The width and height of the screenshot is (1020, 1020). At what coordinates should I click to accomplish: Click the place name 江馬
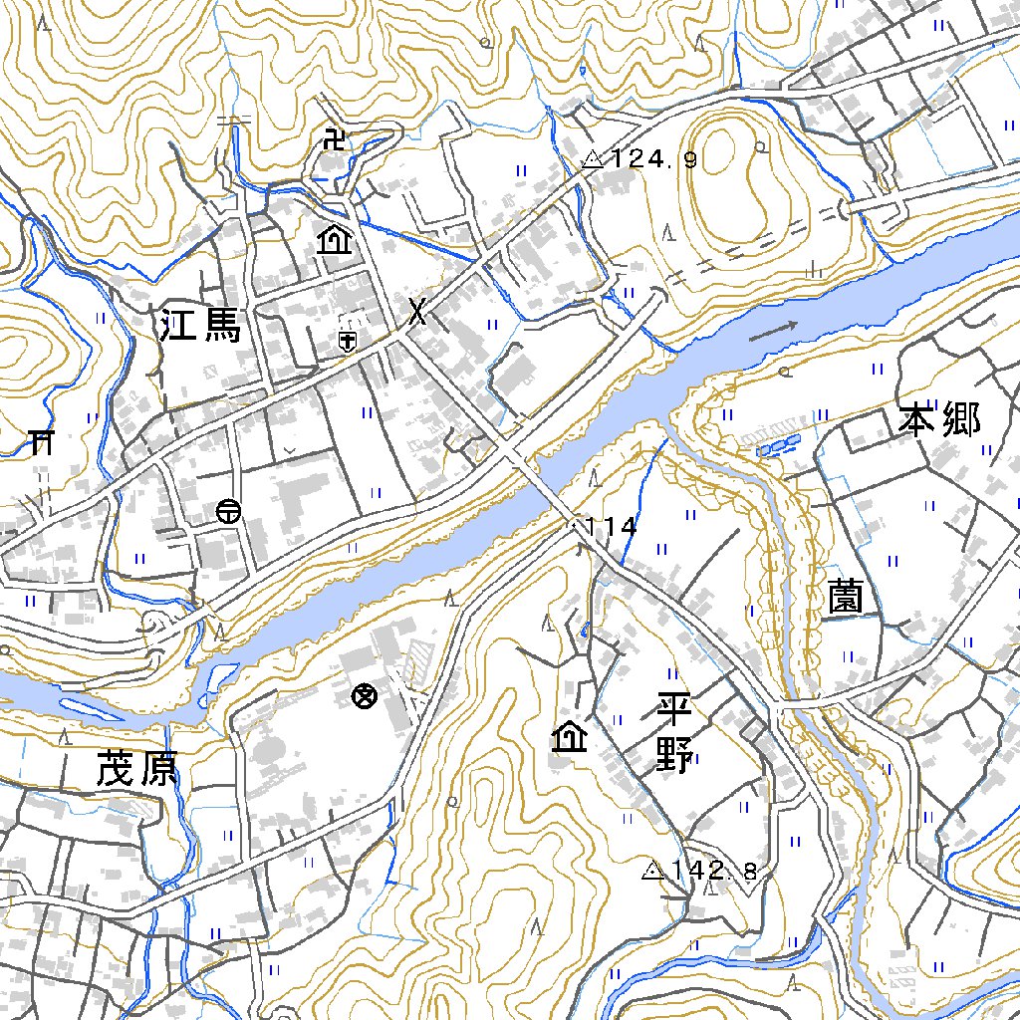click(x=201, y=325)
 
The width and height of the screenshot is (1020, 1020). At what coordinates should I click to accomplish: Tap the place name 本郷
click(x=939, y=420)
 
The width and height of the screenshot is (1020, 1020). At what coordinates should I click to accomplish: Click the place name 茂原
click(x=136, y=769)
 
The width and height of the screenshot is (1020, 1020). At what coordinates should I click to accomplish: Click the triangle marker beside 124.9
click(x=594, y=158)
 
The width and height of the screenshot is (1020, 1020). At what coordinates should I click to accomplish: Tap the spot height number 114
click(x=612, y=527)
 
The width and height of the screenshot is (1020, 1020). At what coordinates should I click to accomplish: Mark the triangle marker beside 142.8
click(x=653, y=872)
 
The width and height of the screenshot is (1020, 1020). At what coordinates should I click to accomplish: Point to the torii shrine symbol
click(x=41, y=441)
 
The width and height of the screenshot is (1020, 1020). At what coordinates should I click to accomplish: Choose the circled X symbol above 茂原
click(x=365, y=696)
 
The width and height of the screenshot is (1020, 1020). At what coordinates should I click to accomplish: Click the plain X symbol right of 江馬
click(x=418, y=314)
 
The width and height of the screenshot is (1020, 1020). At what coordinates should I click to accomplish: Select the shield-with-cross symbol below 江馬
click(x=347, y=342)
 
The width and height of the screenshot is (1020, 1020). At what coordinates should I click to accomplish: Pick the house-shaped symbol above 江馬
click(x=333, y=240)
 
